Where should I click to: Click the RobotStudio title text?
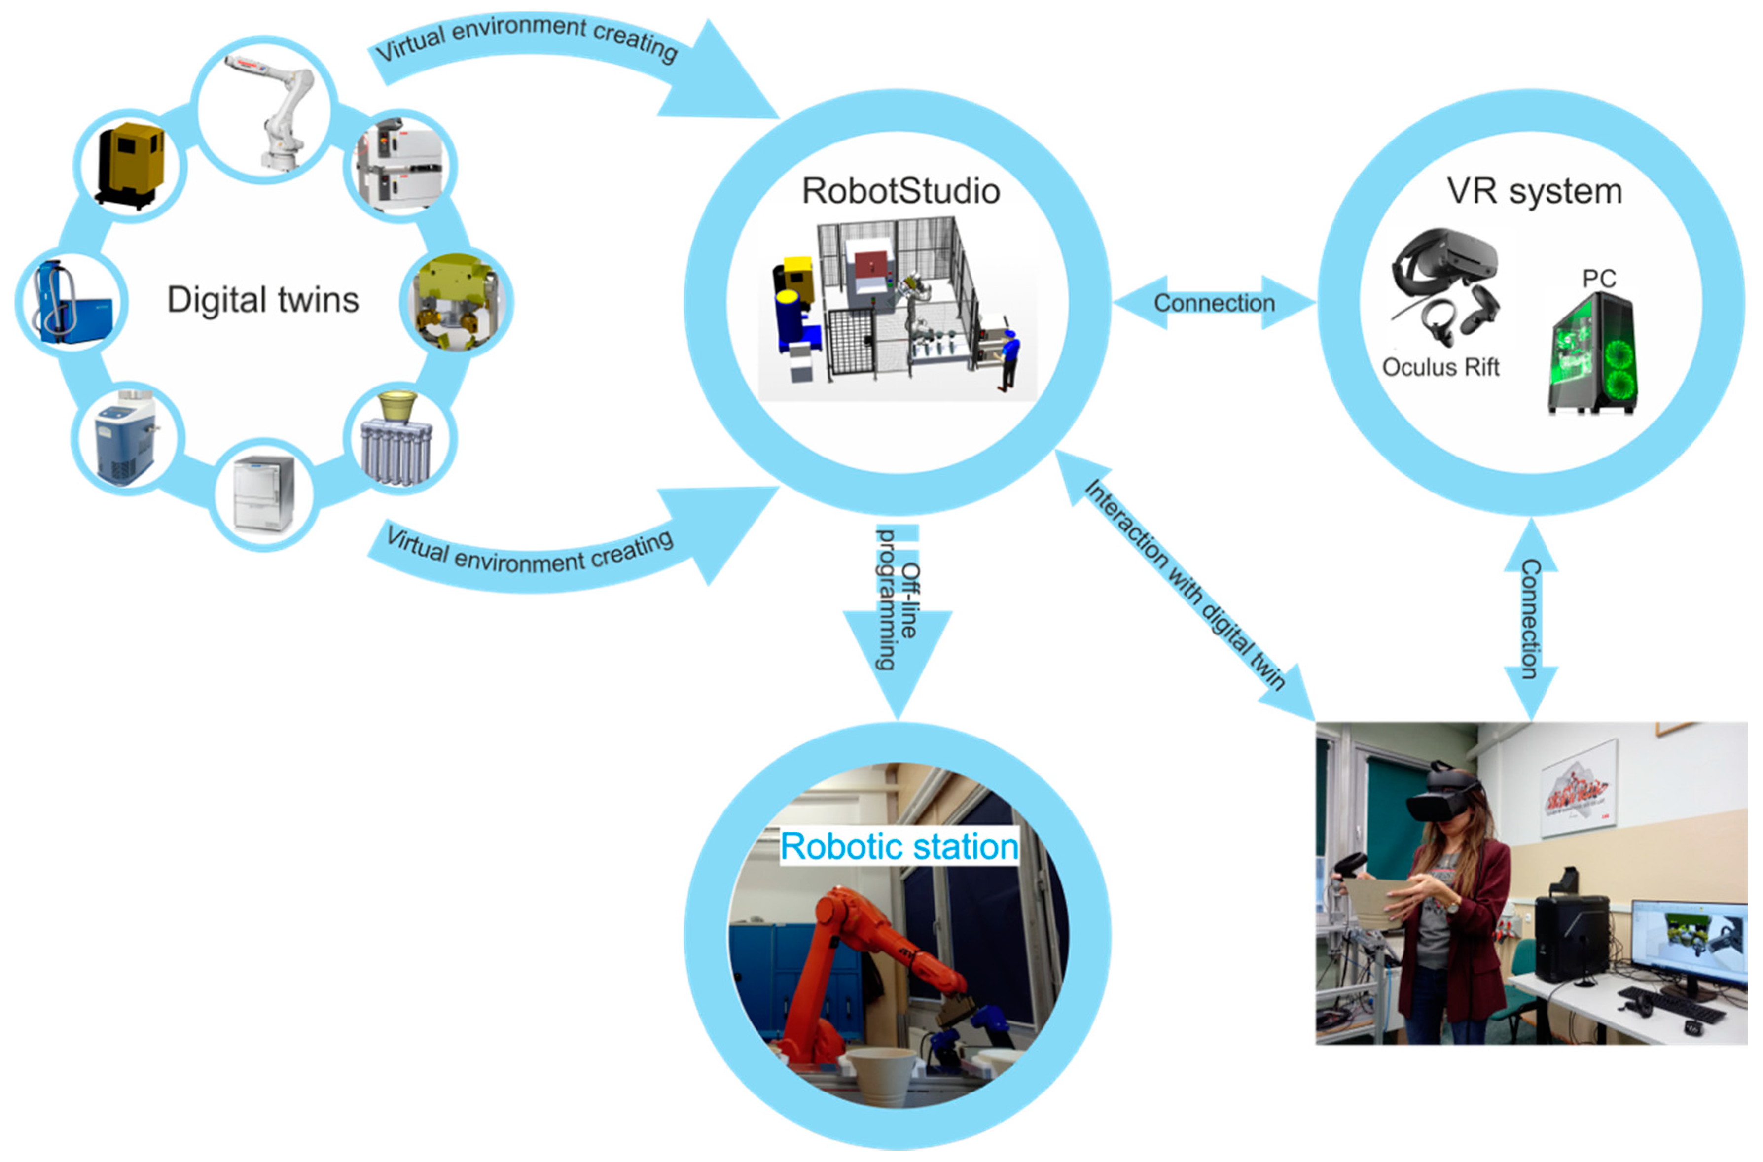[900, 191]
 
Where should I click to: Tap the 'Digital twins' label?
[262, 300]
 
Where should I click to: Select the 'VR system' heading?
[1534, 191]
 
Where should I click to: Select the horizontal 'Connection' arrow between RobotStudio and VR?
[1214, 302]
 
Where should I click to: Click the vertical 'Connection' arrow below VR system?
[1530, 619]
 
